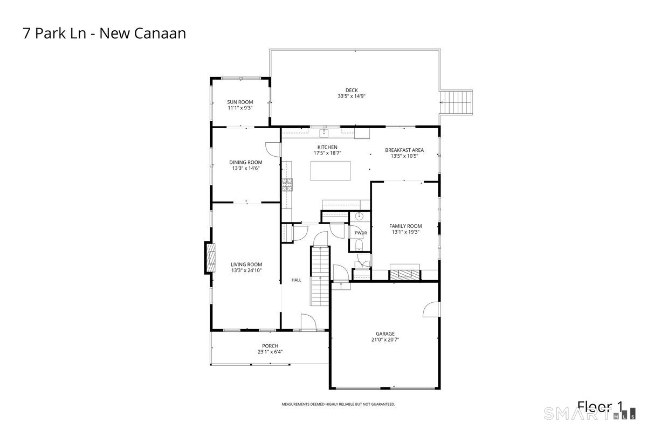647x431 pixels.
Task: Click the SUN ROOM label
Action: pos(240,102)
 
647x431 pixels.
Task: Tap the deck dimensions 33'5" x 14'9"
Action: pos(352,96)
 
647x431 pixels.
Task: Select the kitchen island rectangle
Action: pos(331,171)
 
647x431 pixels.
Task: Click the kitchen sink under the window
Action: pos(324,133)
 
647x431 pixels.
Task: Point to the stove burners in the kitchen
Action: pos(287,185)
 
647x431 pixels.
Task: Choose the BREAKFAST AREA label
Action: pos(404,150)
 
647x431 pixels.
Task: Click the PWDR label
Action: pos(361,233)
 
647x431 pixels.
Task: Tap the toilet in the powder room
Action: pos(359,245)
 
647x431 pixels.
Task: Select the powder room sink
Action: pos(359,216)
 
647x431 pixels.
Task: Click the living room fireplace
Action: pos(210,258)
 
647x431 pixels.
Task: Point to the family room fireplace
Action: pos(404,274)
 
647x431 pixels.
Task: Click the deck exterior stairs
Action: pos(456,102)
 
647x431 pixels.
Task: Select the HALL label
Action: pos(297,280)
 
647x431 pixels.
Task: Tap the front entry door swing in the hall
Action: pos(308,322)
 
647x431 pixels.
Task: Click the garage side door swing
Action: pos(431,309)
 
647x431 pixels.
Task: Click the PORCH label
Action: pos(270,346)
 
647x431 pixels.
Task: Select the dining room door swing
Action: pos(273,149)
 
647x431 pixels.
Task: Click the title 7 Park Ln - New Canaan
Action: pos(104,33)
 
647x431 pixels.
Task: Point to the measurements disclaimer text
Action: pos(338,404)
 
